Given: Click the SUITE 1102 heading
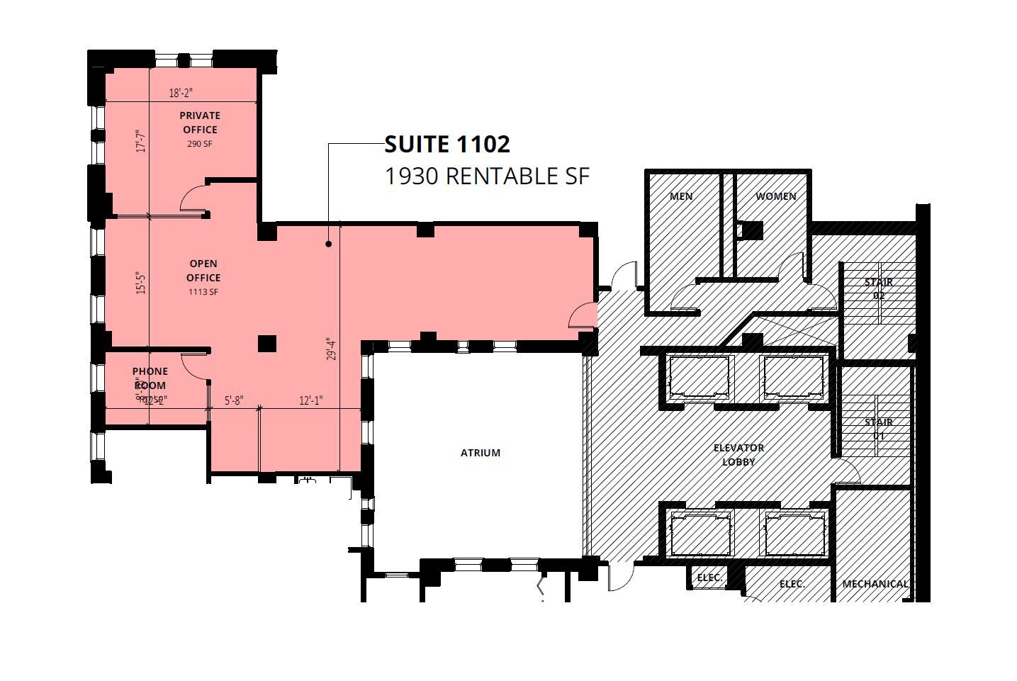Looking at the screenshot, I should (446, 145).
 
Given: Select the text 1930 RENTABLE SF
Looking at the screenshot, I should (486, 176).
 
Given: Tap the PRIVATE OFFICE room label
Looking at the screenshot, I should (200, 123).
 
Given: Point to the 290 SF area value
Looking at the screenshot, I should (200, 144).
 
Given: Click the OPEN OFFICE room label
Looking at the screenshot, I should (203, 271).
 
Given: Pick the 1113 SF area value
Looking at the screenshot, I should (203, 292).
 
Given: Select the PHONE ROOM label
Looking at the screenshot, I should (150, 378).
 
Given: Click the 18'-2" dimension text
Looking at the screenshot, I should (181, 93).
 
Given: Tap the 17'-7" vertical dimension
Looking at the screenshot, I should (142, 140).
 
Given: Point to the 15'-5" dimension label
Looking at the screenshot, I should (142, 283).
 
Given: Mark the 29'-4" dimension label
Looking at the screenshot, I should (332, 349).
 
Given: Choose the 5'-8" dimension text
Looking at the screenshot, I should (234, 400).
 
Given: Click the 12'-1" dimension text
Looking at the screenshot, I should (310, 400).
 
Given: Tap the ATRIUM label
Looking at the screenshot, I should (481, 453).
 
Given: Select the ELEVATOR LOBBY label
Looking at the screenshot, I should (738, 455).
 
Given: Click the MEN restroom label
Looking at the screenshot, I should (681, 196).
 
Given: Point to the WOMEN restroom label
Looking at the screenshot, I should (775, 196).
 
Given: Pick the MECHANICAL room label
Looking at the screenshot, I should (875, 584).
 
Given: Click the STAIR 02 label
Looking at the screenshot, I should (878, 288).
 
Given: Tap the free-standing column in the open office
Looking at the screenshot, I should (266, 344).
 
